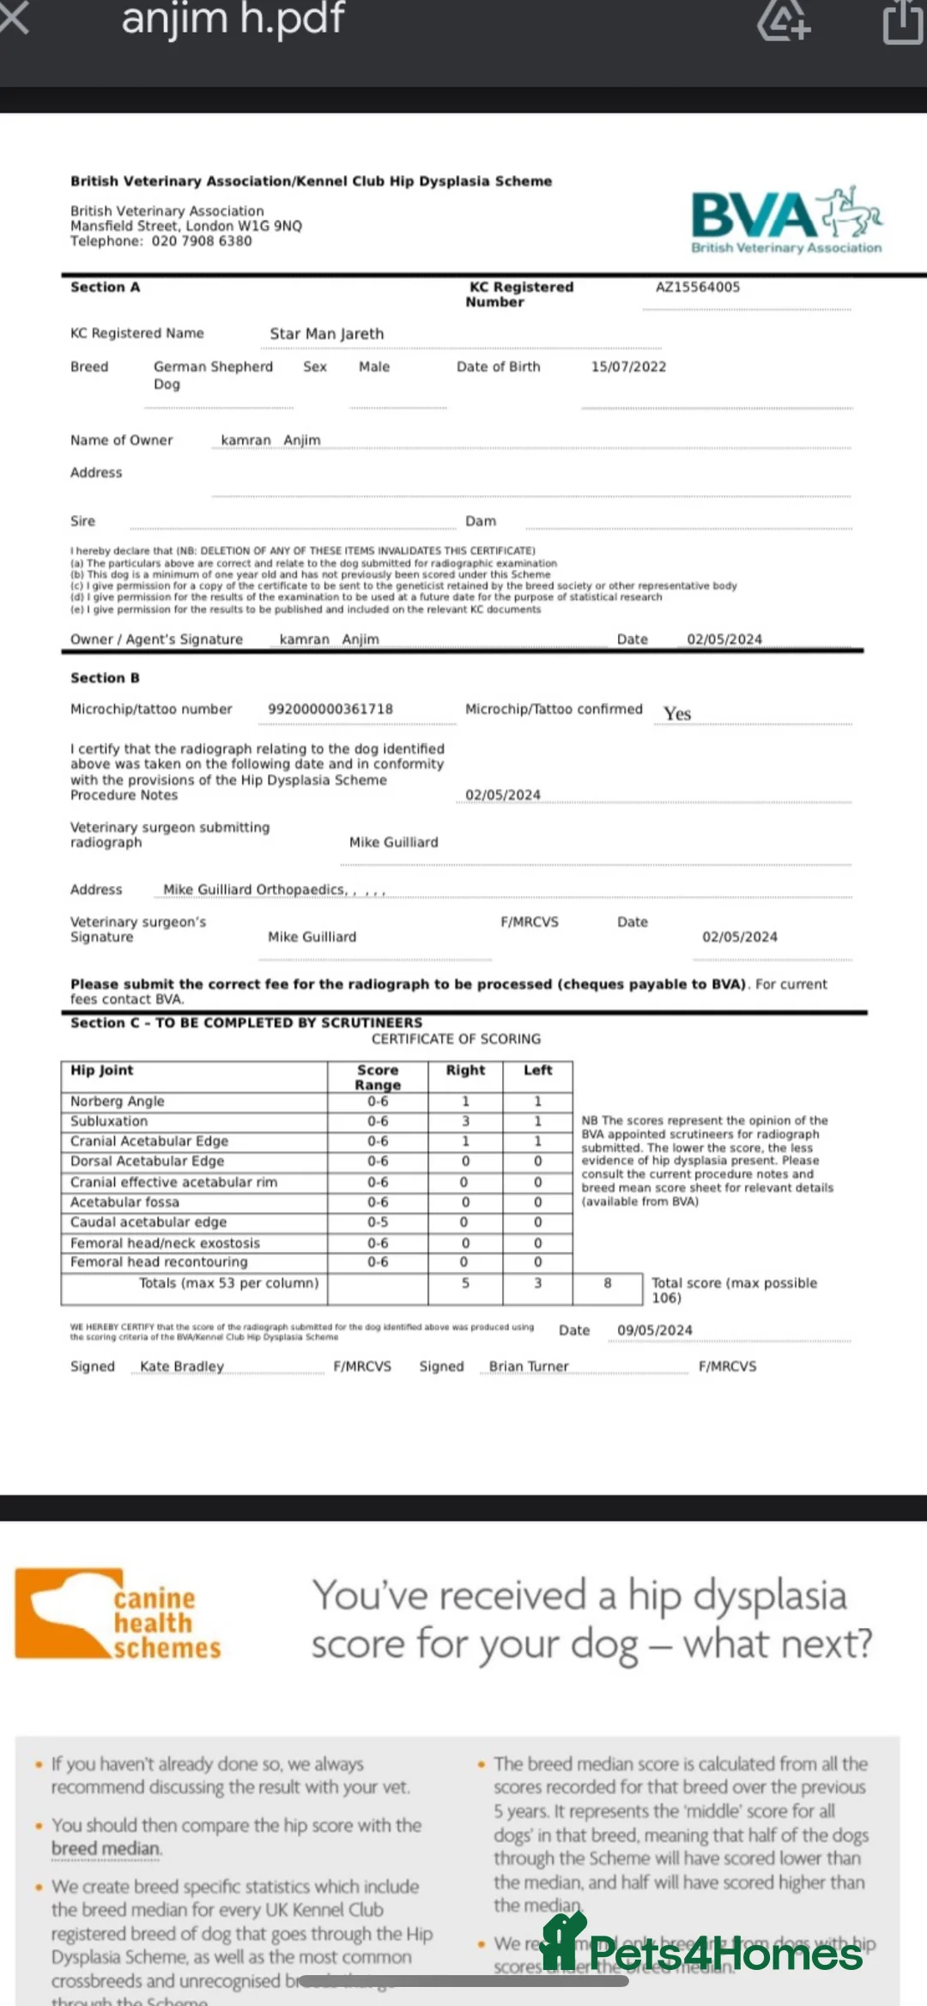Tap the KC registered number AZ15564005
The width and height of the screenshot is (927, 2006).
tap(697, 288)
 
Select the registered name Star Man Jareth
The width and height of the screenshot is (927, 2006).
tap(326, 334)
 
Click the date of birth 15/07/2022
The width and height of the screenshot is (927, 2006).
tap(628, 367)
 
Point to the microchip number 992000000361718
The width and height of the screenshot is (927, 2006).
tap(330, 709)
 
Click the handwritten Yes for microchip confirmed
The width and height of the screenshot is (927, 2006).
tap(677, 713)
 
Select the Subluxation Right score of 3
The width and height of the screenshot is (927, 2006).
tap(465, 1121)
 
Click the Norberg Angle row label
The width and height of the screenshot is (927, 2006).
tap(118, 1101)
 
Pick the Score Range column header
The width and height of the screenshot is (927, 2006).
tap(378, 1077)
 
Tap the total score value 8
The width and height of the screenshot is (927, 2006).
tap(608, 1283)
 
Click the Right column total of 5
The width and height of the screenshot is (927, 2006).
tap(465, 1283)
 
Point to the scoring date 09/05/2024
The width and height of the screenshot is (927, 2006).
tap(654, 1330)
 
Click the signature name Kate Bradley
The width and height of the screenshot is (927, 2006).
tap(182, 1367)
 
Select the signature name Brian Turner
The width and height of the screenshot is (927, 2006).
tap(529, 1367)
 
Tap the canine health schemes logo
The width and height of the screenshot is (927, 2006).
tap(118, 1615)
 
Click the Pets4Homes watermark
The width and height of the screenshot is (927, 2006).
tap(704, 1953)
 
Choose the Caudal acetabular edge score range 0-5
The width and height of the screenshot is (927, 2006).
tap(378, 1222)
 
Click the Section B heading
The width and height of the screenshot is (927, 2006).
tap(105, 678)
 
